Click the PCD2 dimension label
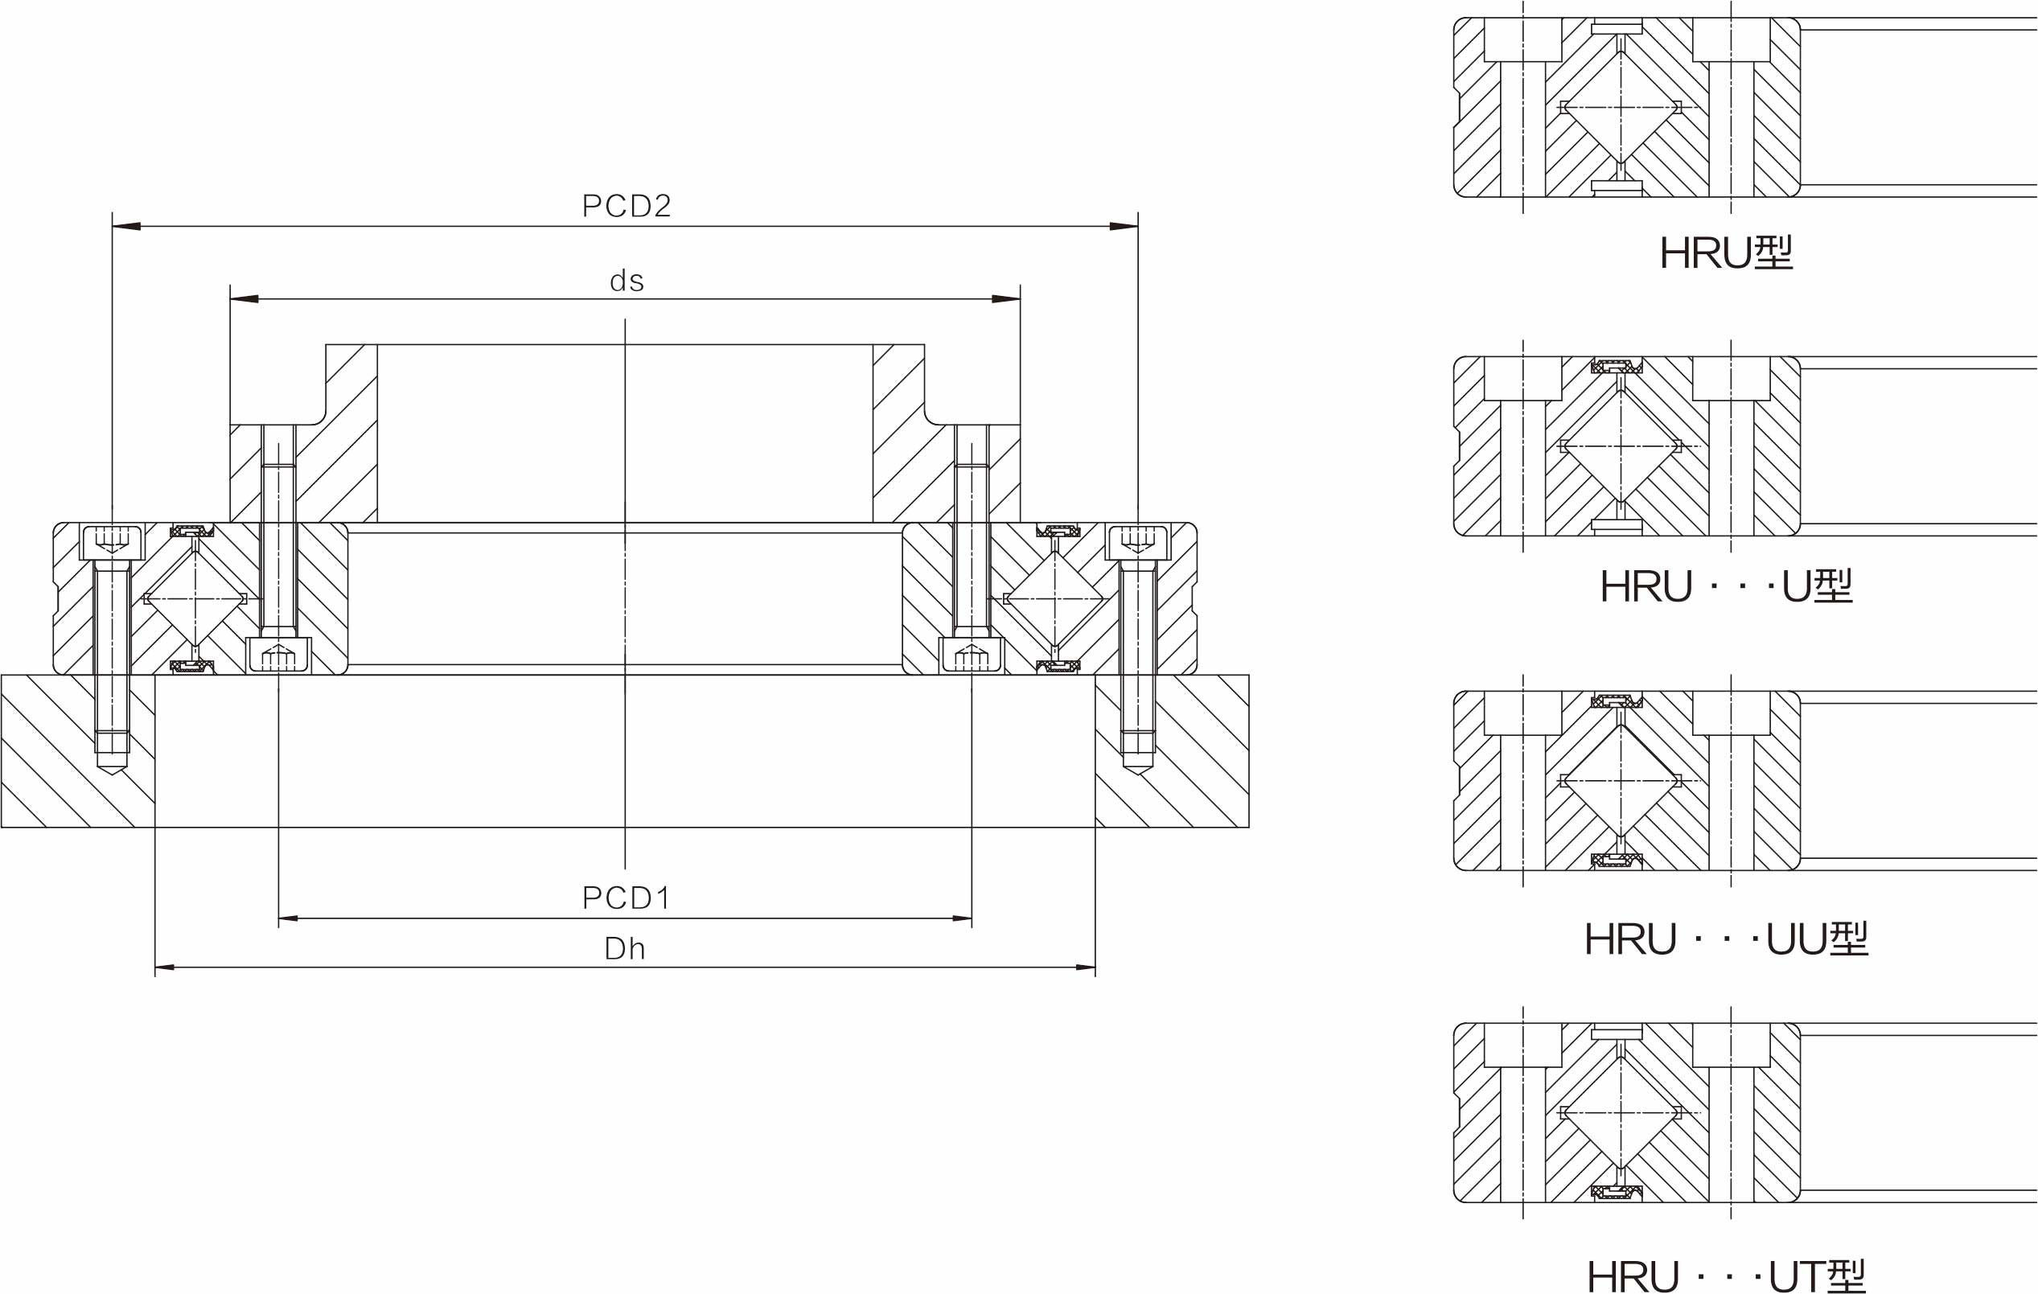[627, 206]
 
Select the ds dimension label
[627, 280]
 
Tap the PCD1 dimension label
[627, 898]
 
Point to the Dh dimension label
[625, 949]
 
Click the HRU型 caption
[1726, 253]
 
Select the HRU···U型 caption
[1726, 585]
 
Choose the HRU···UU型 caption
[1726, 939]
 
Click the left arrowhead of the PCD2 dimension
[127, 226]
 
